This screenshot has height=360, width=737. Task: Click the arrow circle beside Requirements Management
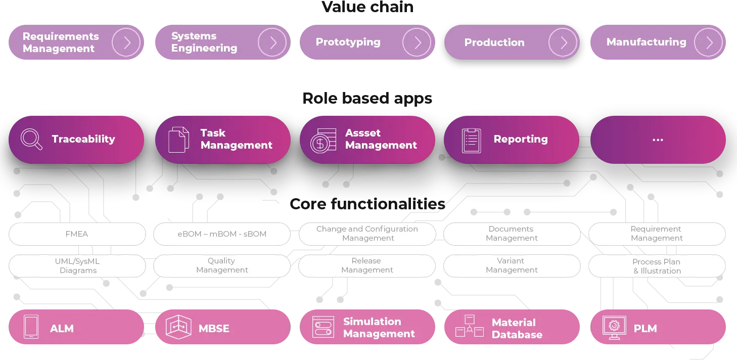[x=126, y=42]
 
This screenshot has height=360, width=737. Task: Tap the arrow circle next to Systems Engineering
[x=272, y=42]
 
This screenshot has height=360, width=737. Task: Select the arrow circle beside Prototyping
[x=417, y=42]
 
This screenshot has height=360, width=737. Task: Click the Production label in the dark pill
[x=494, y=42]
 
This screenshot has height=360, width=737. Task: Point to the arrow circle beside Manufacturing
[x=708, y=42]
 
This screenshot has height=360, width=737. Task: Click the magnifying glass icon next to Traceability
[x=31, y=140]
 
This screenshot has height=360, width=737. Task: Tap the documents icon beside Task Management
[x=178, y=140]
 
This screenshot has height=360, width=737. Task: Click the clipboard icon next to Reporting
[x=471, y=140]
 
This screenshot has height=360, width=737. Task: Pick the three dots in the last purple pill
[x=658, y=140]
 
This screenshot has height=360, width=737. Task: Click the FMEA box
[x=77, y=234]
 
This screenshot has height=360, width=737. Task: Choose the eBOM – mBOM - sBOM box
[x=222, y=234]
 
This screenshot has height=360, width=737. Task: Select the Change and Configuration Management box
[x=367, y=234]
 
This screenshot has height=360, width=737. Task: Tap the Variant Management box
[x=512, y=265]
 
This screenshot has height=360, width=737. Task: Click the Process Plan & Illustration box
[x=657, y=266]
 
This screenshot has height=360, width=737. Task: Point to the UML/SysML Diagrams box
[x=77, y=266]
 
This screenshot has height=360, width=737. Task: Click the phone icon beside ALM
[x=31, y=327]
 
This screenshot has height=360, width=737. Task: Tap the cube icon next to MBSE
[x=178, y=327]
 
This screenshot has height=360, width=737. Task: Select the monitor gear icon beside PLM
[x=614, y=328]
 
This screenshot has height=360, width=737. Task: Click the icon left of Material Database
[x=469, y=327]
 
